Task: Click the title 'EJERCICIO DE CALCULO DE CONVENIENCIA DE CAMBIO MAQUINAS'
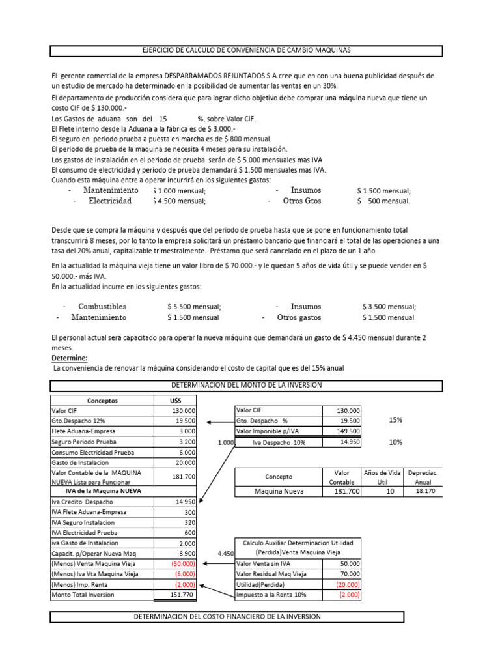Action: (246, 51)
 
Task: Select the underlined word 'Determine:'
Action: (69, 358)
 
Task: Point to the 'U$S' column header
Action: (174, 401)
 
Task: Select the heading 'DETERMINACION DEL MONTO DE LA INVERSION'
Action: (246, 385)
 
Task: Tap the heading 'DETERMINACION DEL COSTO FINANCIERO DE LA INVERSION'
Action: (227, 616)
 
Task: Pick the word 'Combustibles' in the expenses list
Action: (102, 306)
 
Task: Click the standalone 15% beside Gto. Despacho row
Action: (395, 420)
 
